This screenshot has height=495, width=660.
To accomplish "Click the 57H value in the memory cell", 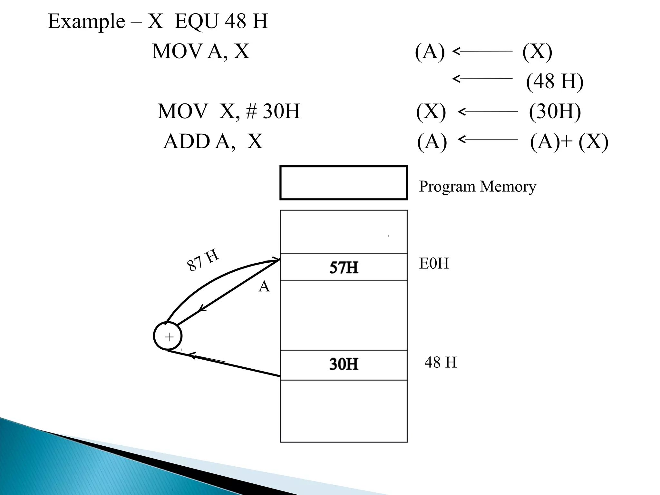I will (x=344, y=268).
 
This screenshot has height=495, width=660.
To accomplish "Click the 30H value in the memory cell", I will (x=344, y=364).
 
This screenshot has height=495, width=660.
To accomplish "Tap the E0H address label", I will (x=434, y=264).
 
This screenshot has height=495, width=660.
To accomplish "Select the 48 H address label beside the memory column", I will (x=441, y=363).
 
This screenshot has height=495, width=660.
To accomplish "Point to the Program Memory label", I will (x=477, y=187).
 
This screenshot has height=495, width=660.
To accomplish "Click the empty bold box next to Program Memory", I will (x=344, y=183).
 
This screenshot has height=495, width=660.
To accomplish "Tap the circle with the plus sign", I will (x=168, y=336).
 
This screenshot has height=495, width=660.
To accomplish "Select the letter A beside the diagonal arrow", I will (x=264, y=286).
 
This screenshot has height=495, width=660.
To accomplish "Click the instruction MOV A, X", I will (x=200, y=51).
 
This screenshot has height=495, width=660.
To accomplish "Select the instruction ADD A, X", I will (x=213, y=141).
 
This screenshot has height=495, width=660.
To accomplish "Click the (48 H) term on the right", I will (x=554, y=81).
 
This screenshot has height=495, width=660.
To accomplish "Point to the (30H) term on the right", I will (x=555, y=112).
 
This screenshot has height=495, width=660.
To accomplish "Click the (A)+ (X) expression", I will (x=569, y=141).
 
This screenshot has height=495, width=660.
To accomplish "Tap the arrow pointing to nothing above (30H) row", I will (x=482, y=79).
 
